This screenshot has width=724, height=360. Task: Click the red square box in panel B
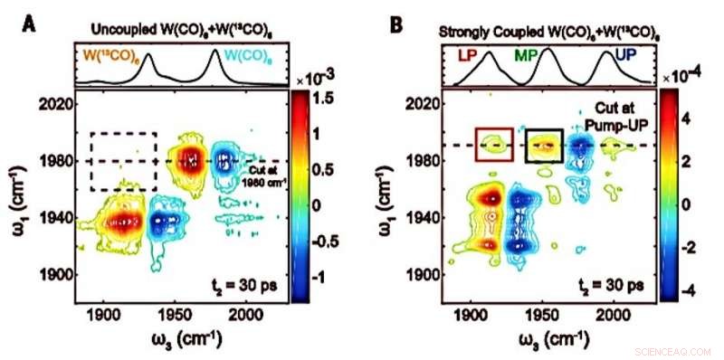[x=495, y=145]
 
